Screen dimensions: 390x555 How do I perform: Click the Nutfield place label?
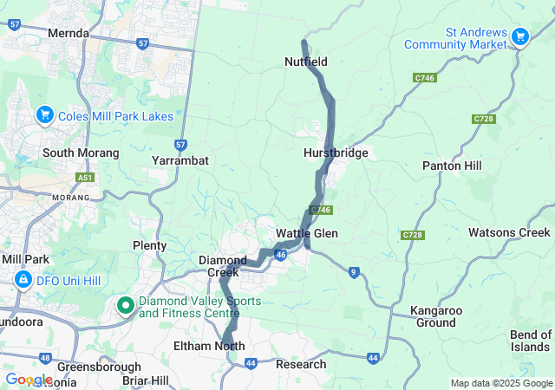(306, 62)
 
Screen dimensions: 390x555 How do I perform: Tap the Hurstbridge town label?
(336, 153)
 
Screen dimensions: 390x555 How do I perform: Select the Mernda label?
(69, 33)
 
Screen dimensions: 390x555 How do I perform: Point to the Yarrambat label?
(180, 161)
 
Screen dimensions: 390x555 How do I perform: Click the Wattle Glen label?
(307, 234)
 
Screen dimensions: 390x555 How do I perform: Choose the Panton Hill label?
(452, 165)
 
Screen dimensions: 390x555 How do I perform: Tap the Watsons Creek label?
(509, 232)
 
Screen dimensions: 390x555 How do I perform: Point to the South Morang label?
(81, 153)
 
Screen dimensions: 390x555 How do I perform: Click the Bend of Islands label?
(530, 341)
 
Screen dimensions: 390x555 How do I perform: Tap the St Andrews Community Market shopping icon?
(520, 36)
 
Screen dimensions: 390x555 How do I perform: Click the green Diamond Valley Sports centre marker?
(125, 305)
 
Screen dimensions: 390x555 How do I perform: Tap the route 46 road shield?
(281, 255)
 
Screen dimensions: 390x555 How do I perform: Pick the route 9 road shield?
(354, 272)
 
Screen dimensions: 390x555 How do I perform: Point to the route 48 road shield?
(45, 358)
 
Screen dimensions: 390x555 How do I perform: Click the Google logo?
(29, 380)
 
